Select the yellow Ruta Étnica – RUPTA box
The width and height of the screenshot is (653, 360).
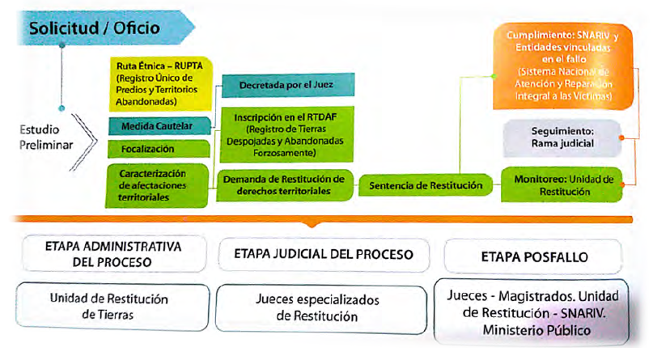(159, 80)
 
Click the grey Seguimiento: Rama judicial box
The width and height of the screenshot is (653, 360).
(558, 137)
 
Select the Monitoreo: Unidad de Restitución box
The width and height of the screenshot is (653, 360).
(558, 184)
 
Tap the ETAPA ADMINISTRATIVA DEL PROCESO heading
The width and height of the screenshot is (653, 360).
(114, 254)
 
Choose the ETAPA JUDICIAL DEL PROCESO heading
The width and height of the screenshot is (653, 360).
(324, 254)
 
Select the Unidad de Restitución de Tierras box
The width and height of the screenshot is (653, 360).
(114, 307)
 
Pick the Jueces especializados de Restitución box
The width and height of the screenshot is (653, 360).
(324, 307)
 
